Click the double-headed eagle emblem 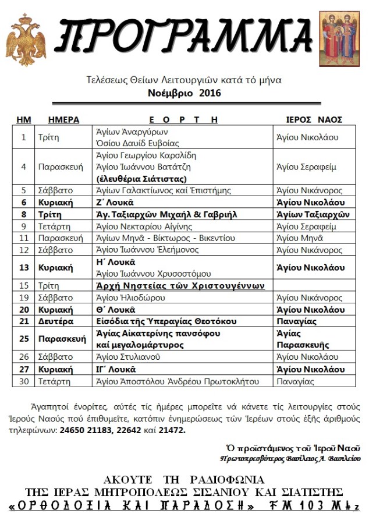pos(26,41)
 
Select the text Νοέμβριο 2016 pos(184,93)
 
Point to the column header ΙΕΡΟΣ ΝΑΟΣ pos(314,119)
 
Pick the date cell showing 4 pos(24,167)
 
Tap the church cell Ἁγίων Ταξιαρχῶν pos(313,214)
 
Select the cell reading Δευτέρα pos(57,321)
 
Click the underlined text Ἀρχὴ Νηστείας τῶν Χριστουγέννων pos(180,286)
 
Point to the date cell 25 pos(24,339)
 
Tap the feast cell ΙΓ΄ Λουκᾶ pos(115,369)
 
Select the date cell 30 pos(24,381)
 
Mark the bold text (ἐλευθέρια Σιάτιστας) pos(141,179)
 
